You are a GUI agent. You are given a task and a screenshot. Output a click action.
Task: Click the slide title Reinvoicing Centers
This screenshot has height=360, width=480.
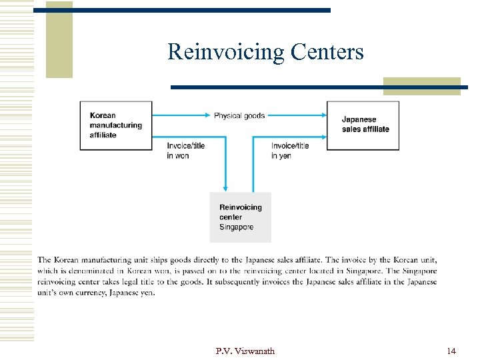265,51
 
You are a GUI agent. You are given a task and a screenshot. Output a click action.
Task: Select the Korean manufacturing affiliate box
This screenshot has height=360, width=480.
116,125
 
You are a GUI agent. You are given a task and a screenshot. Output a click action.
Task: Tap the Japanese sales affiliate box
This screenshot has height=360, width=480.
363,125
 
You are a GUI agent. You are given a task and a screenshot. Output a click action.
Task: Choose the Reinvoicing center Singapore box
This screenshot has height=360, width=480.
241,217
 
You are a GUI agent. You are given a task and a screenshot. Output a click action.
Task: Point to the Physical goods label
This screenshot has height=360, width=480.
239,115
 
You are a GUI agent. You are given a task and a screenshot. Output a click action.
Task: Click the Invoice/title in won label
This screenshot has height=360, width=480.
186,151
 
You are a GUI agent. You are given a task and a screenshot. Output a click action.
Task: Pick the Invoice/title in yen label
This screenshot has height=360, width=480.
290,151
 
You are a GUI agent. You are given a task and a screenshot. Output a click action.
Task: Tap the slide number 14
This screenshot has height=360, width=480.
451,351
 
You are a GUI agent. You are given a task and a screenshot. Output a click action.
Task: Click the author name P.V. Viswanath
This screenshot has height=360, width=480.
245,351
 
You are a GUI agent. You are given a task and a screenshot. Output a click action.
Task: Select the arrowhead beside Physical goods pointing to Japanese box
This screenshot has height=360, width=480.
322,115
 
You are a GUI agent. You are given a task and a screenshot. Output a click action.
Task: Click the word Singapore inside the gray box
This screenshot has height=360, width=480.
237,227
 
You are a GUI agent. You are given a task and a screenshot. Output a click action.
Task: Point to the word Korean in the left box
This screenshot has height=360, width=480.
103,115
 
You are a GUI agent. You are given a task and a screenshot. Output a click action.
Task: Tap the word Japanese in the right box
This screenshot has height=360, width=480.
359,120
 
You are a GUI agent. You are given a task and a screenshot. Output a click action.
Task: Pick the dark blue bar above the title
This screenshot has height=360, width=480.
182,10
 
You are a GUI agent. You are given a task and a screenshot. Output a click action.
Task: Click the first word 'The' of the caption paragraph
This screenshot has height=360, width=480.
44,260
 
